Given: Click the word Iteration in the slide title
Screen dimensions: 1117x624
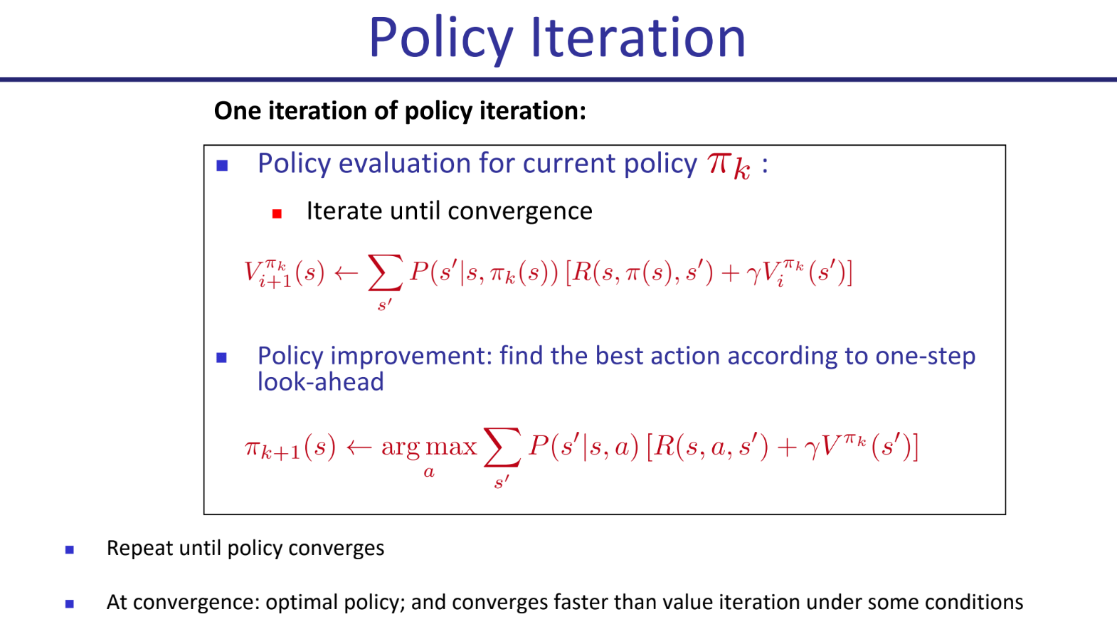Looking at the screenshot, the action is (638, 38).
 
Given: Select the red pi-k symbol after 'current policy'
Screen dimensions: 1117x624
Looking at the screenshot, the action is (729, 166).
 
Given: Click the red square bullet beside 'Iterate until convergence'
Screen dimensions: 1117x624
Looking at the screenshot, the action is (277, 214).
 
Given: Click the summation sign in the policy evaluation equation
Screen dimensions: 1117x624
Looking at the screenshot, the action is (386, 273).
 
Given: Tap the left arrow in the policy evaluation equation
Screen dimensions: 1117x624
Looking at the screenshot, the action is (346, 273).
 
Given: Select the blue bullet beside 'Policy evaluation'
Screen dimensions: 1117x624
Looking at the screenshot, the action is (222, 166).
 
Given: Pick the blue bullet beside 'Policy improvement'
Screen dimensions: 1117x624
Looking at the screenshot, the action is (222, 358).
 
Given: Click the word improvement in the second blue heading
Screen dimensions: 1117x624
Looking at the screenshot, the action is (411, 357).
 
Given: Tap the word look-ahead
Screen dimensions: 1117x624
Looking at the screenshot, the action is (321, 382).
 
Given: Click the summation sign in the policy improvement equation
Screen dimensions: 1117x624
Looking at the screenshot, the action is (502, 447).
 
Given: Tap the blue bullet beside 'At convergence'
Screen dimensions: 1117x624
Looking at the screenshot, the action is (70, 604).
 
